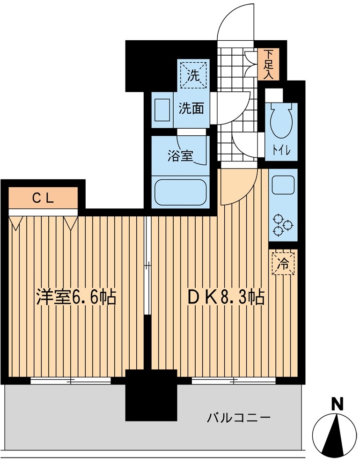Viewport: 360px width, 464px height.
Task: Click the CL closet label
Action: pos(43,198)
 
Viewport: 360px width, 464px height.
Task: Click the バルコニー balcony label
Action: pos(238,418)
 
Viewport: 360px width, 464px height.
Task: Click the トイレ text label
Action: pos(281,151)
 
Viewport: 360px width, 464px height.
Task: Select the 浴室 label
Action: pos(180,156)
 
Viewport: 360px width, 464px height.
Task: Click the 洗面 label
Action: pos(191,109)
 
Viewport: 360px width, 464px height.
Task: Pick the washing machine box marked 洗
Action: pos(194,74)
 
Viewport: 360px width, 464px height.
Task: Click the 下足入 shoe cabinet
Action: pos(268,64)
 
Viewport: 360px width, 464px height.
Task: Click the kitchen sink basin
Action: pos(283,185)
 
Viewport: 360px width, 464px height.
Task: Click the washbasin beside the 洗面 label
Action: pos(162,110)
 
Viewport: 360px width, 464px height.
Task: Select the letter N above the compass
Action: pos(337,405)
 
